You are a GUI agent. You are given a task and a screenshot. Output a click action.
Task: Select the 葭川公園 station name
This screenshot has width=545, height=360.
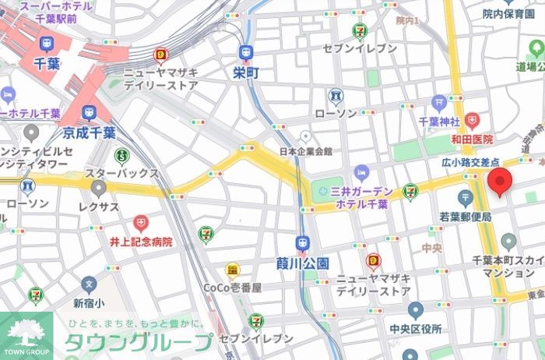pyautogui.click(x=303, y=263)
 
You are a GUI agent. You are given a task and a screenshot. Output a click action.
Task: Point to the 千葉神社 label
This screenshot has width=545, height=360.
pyautogui.click(x=441, y=122)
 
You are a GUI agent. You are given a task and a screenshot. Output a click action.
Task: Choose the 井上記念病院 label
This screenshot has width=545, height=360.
pyautogui.click(x=141, y=242)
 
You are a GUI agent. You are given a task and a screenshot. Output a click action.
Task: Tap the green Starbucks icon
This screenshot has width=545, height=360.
pyautogui.click(x=121, y=156)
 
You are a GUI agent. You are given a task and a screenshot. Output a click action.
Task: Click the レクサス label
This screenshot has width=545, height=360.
pyautogui.click(x=98, y=206)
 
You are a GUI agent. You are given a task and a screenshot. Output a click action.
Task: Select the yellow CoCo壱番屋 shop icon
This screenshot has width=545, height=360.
pyautogui.click(x=232, y=270)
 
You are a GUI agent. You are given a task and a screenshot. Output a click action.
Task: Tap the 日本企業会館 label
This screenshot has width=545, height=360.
pyautogui.click(x=306, y=151)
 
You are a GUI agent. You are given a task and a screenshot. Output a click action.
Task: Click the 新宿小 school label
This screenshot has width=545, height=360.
pyautogui.click(x=89, y=302)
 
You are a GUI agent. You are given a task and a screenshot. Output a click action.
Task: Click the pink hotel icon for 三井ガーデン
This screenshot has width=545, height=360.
pyautogui.click(x=360, y=172)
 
